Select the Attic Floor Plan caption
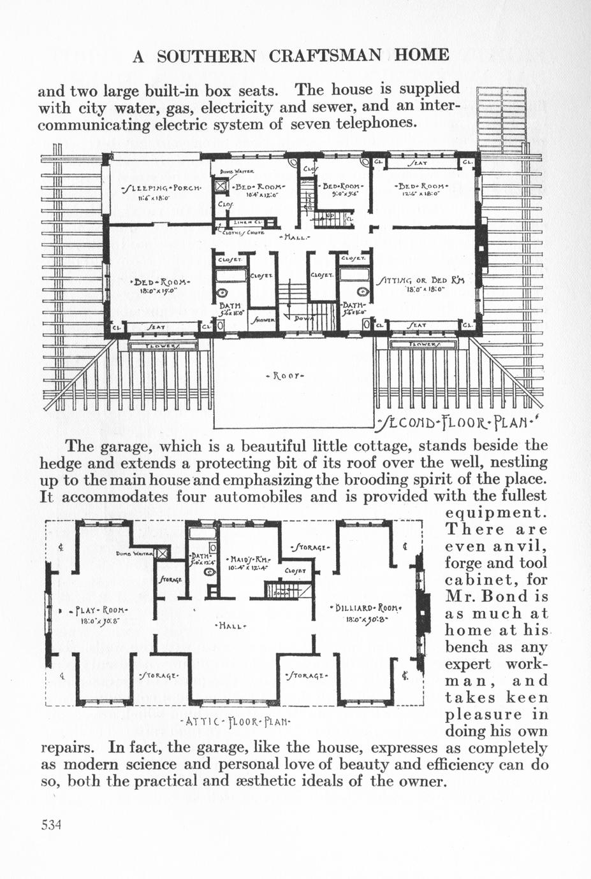click(236, 722)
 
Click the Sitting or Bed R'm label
click(421, 280)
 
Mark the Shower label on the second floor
click(262, 320)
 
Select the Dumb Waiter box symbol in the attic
click(163, 554)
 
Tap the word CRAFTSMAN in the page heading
click(326, 55)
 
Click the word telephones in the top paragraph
click(380, 122)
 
